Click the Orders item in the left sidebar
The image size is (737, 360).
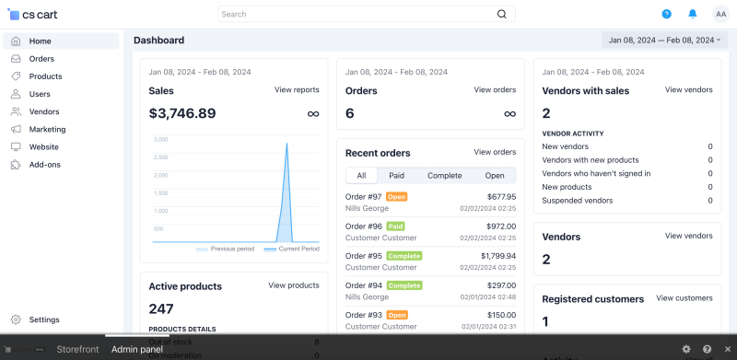(41, 59)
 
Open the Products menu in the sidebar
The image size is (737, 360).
(45, 76)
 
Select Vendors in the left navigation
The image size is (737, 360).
(43, 111)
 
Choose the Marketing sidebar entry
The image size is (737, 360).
(47, 129)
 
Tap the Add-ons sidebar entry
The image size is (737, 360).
(45, 165)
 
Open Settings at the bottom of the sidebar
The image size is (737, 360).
(43, 319)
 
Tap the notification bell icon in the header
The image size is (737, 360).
(693, 14)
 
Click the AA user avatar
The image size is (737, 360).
(719, 14)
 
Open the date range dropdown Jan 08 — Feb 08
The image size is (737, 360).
(663, 41)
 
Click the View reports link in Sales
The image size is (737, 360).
(297, 90)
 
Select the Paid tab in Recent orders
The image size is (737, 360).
(396, 175)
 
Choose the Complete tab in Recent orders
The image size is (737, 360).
(444, 175)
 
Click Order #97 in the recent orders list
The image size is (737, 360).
(363, 196)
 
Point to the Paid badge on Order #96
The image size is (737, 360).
(396, 226)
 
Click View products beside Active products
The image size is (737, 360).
(294, 285)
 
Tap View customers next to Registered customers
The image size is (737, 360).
(684, 298)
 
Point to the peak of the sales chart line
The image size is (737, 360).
(287, 143)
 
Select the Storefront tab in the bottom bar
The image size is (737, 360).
(77, 350)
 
